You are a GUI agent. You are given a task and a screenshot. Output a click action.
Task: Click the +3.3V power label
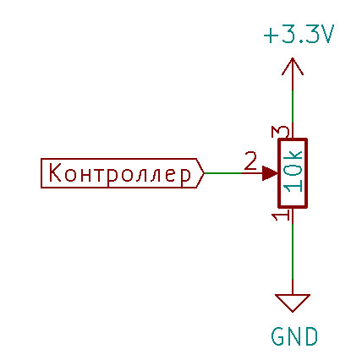pyautogui.click(x=299, y=35)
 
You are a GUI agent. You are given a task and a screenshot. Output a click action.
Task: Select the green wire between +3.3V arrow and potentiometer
pyautogui.click(x=293, y=106)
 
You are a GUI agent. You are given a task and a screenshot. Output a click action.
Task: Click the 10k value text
pyautogui.click(x=293, y=172)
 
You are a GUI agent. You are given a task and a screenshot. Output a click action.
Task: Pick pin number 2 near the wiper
pyautogui.click(x=250, y=161)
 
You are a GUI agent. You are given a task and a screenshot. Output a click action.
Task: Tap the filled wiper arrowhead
pyautogui.click(x=270, y=173)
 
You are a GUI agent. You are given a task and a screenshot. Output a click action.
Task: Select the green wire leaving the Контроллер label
pyautogui.click(x=222, y=173)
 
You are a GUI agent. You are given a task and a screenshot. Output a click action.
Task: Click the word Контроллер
pyautogui.click(x=120, y=173)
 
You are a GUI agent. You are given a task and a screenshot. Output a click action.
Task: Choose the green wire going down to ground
pyautogui.click(x=293, y=252)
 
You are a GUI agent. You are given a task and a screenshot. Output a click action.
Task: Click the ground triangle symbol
pyautogui.click(x=293, y=303)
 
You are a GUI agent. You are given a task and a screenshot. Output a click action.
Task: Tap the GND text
pyautogui.click(x=294, y=336)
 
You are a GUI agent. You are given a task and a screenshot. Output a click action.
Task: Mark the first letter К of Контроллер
pyautogui.click(x=55, y=172)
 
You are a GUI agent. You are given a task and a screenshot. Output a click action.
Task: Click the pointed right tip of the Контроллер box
pyautogui.click(x=204, y=173)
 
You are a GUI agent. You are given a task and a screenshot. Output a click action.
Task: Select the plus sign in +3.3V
pyautogui.click(x=271, y=35)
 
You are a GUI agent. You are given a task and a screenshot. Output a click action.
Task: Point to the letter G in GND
pyautogui.click(x=278, y=336)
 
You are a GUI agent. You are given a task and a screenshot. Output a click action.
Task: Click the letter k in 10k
pyautogui.click(x=293, y=158)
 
